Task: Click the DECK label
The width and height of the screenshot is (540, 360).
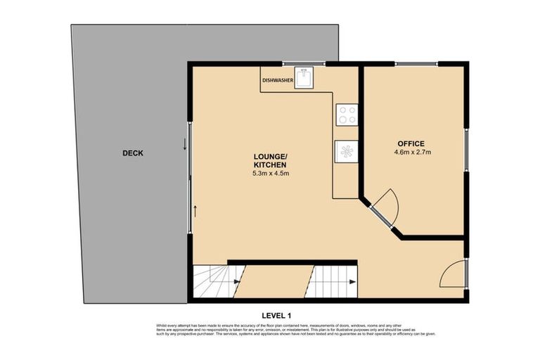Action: [132, 153]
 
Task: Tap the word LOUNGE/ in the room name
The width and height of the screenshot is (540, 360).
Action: [270, 156]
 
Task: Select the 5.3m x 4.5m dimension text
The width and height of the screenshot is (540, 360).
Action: [271, 173]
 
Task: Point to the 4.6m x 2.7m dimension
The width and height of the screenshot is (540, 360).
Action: [413, 151]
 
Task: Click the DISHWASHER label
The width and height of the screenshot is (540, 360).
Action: [278, 81]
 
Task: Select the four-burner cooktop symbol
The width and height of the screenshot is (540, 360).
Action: [347, 114]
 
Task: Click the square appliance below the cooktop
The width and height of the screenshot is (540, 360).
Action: [347, 150]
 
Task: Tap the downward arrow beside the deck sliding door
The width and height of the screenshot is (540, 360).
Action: [185, 145]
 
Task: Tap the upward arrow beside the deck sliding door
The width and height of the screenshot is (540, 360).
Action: [195, 210]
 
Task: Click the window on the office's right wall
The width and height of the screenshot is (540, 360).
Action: [465, 151]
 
